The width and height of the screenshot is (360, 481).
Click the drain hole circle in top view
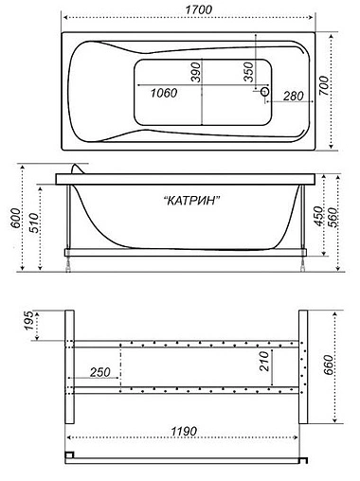coord(265,92)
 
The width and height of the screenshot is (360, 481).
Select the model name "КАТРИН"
coord(192,200)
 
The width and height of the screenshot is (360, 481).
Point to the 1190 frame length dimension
coord(185,432)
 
